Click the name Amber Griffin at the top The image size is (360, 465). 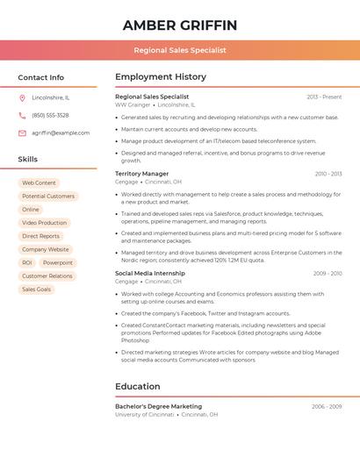tap(180, 25)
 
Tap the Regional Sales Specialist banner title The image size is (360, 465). tap(180, 50)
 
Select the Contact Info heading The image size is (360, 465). tap(40, 77)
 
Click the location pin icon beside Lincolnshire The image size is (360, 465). tap(22, 98)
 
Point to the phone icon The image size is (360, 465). tap(22, 115)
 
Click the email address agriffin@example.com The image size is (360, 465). tap(61, 132)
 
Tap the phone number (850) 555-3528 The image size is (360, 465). tap(50, 115)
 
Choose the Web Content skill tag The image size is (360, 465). tap(39, 182)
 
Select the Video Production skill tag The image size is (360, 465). tap(44, 223)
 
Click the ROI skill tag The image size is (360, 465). tap(27, 262)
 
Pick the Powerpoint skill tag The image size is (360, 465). tap(58, 262)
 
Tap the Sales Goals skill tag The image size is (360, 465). tap(37, 289)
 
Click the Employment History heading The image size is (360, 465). tap(161, 77)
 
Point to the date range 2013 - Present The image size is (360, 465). tap(324, 97)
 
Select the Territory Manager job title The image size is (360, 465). tap(142, 174)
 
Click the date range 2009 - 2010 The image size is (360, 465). tap(328, 274)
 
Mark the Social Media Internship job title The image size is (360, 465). tap(150, 273)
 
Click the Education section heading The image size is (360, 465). tap(138, 386)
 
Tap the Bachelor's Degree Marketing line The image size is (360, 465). tap(158, 406)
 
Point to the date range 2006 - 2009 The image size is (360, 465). tap(328, 407)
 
